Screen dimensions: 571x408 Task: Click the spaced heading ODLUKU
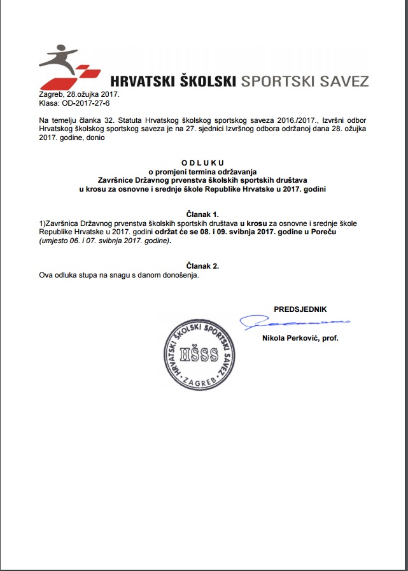point(204,163)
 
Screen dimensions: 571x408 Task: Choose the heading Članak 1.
point(204,216)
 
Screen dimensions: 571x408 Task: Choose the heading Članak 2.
point(204,266)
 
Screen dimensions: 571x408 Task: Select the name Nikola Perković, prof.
point(300,339)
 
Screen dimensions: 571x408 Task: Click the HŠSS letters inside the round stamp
point(199,355)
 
